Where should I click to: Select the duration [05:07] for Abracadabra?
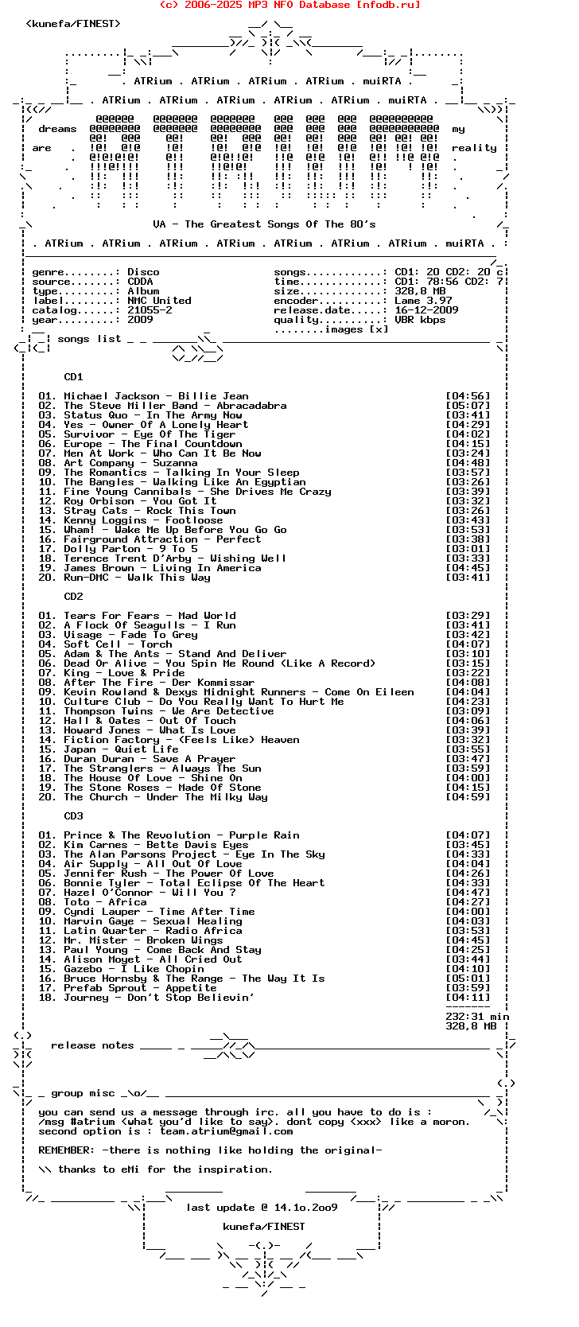[x=468, y=406]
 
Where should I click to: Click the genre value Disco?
[x=143, y=272]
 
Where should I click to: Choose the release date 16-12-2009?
[x=426, y=310]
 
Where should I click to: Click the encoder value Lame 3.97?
[x=423, y=301]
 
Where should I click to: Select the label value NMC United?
[x=159, y=301]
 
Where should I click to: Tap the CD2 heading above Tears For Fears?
[x=73, y=597]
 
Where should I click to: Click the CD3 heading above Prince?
[x=73, y=816]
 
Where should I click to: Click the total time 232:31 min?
[x=477, y=1017]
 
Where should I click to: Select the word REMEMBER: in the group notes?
[x=67, y=1150]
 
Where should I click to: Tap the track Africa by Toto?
[x=127, y=902]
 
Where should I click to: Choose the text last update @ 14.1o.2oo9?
[x=262, y=1208]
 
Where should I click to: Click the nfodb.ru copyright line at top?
[x=289, y=5]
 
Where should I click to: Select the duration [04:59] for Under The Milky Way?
[x=468, y=797]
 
